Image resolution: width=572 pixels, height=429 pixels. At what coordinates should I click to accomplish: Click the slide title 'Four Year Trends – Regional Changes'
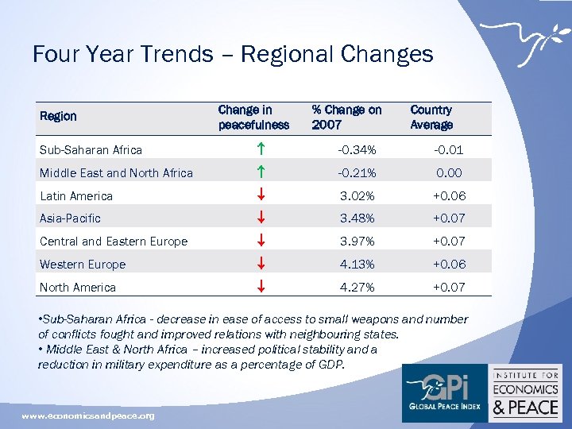233,54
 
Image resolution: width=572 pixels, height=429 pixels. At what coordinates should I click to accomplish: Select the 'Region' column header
58,116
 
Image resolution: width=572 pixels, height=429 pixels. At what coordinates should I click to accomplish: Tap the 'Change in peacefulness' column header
253,117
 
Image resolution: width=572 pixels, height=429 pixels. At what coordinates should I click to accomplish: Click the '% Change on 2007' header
346,117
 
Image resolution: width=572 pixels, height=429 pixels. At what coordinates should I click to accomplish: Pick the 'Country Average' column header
431,117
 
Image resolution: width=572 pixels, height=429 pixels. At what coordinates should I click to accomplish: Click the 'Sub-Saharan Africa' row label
91,150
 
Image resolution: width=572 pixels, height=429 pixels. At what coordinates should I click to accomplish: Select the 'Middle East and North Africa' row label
116,173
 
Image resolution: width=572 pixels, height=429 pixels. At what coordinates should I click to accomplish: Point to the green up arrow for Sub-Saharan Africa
261,149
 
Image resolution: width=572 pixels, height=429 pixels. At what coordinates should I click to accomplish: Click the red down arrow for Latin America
261,195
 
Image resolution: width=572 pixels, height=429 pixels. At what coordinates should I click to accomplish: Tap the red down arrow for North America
261,287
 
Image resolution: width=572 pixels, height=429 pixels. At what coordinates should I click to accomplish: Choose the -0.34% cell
357,150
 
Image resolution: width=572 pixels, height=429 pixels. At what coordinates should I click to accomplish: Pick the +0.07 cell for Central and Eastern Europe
449,241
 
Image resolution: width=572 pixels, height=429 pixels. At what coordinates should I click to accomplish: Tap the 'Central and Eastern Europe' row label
114,242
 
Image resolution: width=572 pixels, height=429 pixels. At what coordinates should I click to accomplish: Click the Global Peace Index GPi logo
443,393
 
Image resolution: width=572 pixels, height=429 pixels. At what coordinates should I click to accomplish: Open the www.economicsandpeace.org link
87,415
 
